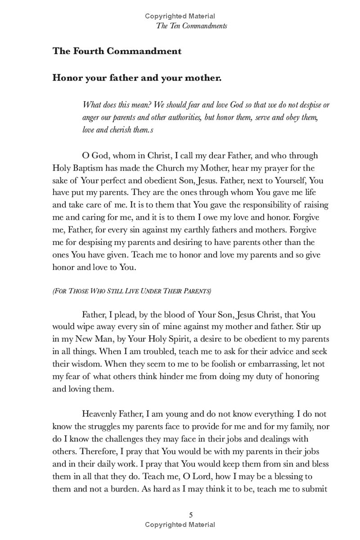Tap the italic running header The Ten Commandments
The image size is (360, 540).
pyautogui.click(x=192, y=26)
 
